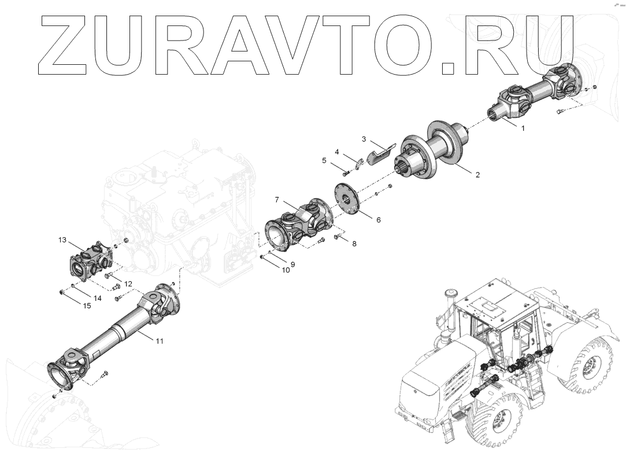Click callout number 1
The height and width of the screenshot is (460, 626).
click(523, 128)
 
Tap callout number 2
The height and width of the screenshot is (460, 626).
click(477, 174)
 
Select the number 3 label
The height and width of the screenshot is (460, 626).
click(364, 139)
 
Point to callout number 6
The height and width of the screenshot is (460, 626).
click(379, 220)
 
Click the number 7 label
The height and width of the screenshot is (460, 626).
click(277, 200)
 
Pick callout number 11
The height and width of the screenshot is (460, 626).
click(160, 341)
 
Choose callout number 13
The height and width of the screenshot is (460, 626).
click(62, 240)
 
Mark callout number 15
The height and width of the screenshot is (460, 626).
click(87, 306)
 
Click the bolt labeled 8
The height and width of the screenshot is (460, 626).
click(337, 237)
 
